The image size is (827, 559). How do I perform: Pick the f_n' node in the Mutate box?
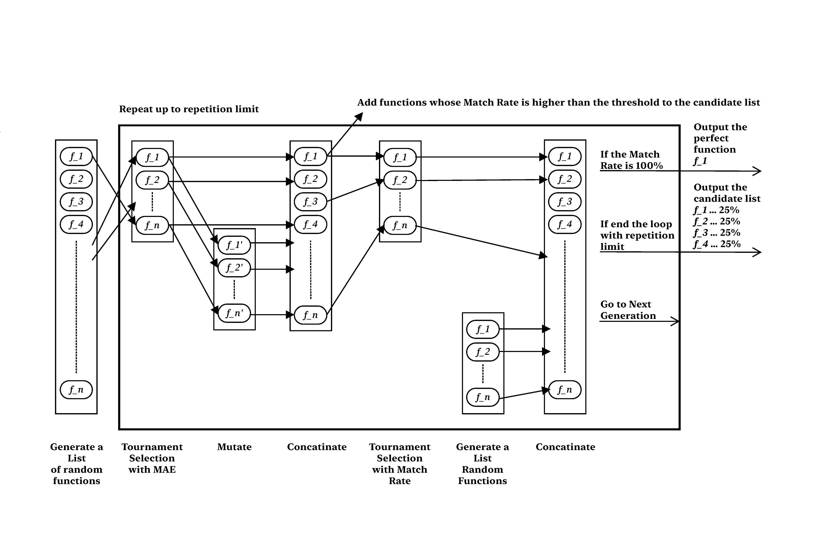point(234,313)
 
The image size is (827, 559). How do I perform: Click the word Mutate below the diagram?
point(234,447)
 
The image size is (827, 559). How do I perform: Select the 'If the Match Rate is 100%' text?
point(632,160)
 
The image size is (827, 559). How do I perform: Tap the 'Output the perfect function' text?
point(720,138)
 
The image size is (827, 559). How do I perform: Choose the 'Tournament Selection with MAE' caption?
point(152,458)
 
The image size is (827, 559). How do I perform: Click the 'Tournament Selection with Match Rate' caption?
point(400,464)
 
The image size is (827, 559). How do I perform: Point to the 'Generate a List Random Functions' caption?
point(482,464)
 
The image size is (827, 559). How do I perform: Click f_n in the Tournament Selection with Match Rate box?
point(400,225)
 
